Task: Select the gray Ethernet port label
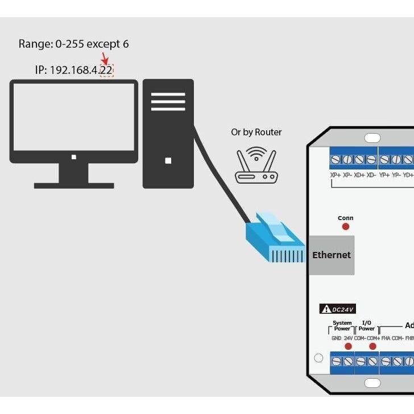tap(332, 255)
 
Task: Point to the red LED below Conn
tap(345, 226)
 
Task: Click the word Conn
tap(345, 218)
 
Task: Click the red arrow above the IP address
tap(104, 59)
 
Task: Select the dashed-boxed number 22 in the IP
tap(106, 71)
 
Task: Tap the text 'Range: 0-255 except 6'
tap(73, 44)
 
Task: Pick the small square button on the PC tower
tap(168, 161)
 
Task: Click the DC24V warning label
tap(338, 309)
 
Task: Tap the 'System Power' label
tap(342, 326)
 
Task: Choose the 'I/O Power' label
tap(367, 326)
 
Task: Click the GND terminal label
tap(336, 338)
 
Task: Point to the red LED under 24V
tap(348, 346)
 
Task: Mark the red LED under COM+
tap(373, 346)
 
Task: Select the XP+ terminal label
tap(336, 175)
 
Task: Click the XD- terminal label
tap(371, 175)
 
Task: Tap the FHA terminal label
tap(386, 338)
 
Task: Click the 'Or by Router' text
tap(256, 132)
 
